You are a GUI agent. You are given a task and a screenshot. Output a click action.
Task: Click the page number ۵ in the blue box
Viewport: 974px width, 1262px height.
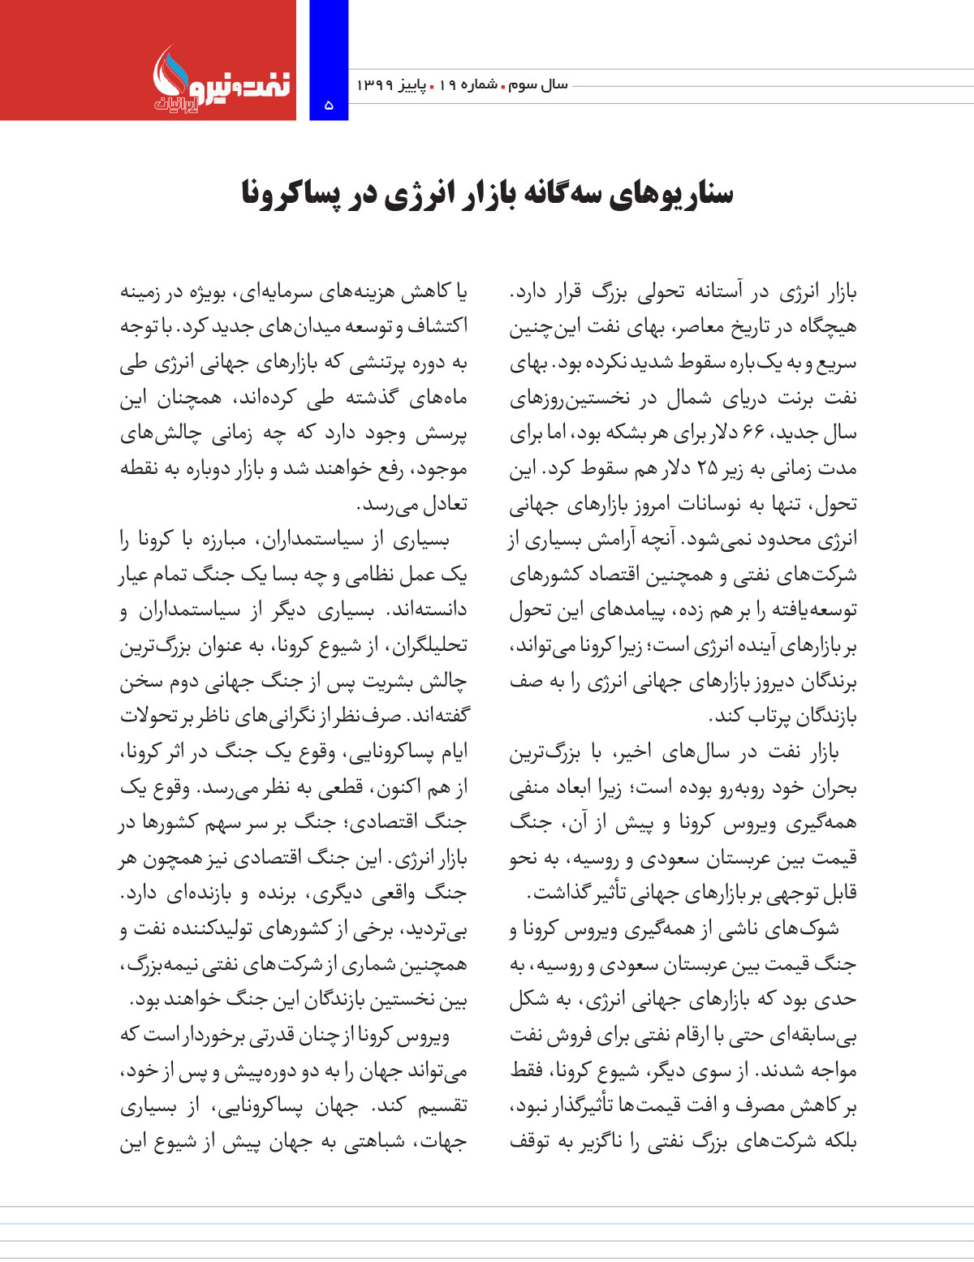[329, 105]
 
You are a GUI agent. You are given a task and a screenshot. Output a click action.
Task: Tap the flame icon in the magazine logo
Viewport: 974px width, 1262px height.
[168, 70]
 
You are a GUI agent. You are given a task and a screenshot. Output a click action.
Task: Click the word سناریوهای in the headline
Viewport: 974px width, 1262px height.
[683, 195]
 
